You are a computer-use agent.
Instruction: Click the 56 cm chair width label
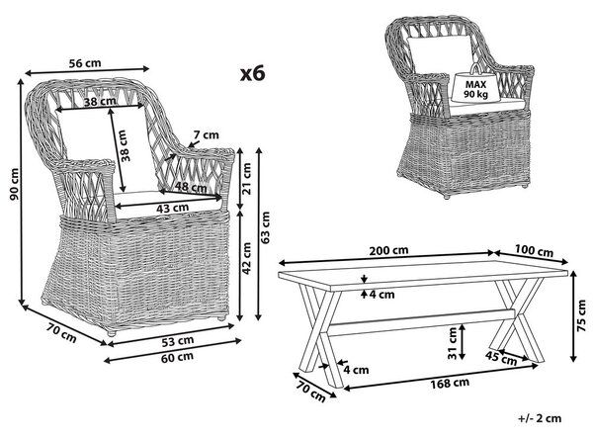(x=85, y=63)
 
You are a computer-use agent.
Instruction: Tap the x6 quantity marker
(x=253, y=73)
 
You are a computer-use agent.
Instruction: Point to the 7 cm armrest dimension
(x=206, y=134)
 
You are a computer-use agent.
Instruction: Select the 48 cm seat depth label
(x=191, y=187)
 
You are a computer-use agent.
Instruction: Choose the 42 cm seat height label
(x=246, y=258)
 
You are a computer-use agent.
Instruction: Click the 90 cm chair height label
(x=14, y=184)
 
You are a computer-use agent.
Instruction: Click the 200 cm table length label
(x=388, y=250)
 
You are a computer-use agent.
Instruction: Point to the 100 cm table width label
(x=534, y=250)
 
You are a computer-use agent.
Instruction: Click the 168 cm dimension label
(x=450, y=384)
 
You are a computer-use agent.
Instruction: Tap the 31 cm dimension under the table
(x=453, y=343)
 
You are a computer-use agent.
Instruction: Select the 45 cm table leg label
(x=501, y=358)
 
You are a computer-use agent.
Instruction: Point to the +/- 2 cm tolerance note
(x=540, y=418)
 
